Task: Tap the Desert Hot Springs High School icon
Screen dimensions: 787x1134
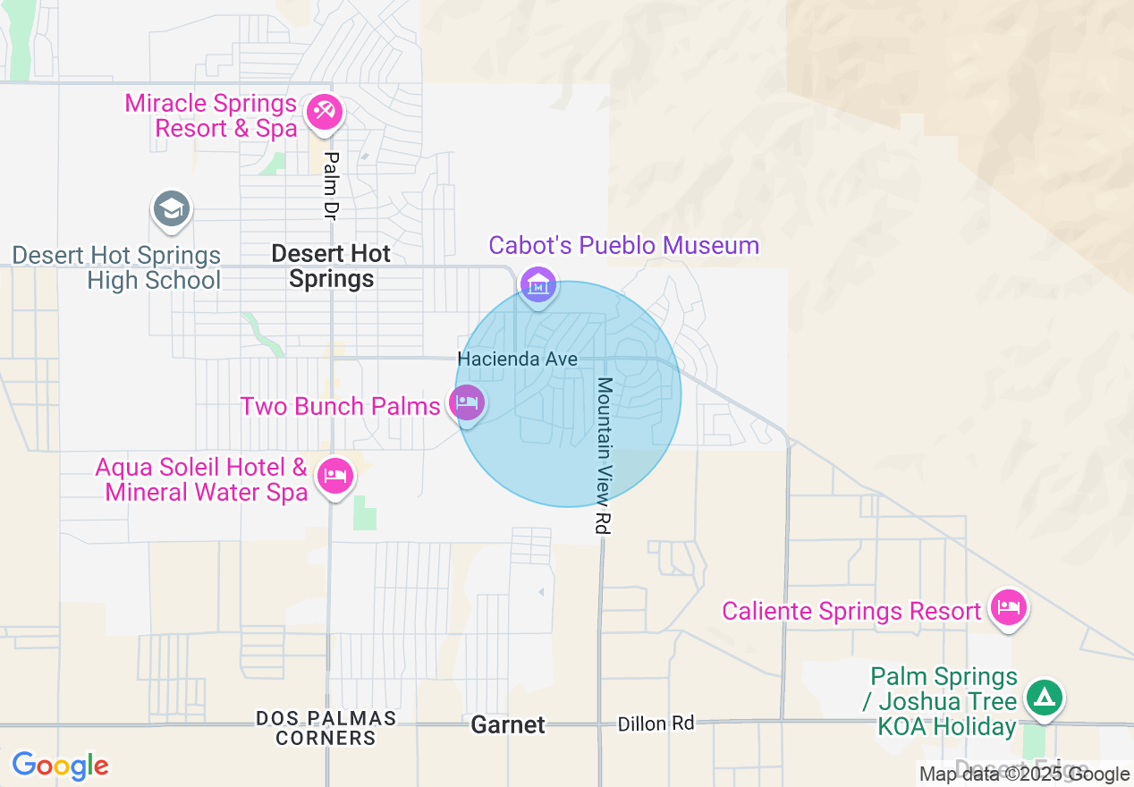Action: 170,208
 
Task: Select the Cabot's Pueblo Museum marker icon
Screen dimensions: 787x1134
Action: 538,285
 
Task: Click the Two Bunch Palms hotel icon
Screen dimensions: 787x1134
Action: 467,402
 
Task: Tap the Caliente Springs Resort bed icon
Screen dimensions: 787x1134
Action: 1009,608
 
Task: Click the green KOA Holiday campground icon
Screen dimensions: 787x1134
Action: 1044,696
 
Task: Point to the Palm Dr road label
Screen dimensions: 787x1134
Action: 332,185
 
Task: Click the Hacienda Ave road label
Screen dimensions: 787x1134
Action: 518,359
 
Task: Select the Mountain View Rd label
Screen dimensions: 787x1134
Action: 605,456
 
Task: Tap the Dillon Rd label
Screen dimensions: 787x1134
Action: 656,724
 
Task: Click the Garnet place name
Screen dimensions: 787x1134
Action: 508,725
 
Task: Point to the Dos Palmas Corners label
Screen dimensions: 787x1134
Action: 326,728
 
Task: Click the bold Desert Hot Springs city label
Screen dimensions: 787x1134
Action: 331,267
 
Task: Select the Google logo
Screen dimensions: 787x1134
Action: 60,766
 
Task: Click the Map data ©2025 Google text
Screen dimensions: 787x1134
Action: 1024,774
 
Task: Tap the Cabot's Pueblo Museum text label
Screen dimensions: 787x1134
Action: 623,246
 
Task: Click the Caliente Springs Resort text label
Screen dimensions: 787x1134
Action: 851,612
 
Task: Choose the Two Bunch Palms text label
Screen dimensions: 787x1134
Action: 340,407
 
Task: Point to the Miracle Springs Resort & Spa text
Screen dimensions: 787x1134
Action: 211,116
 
